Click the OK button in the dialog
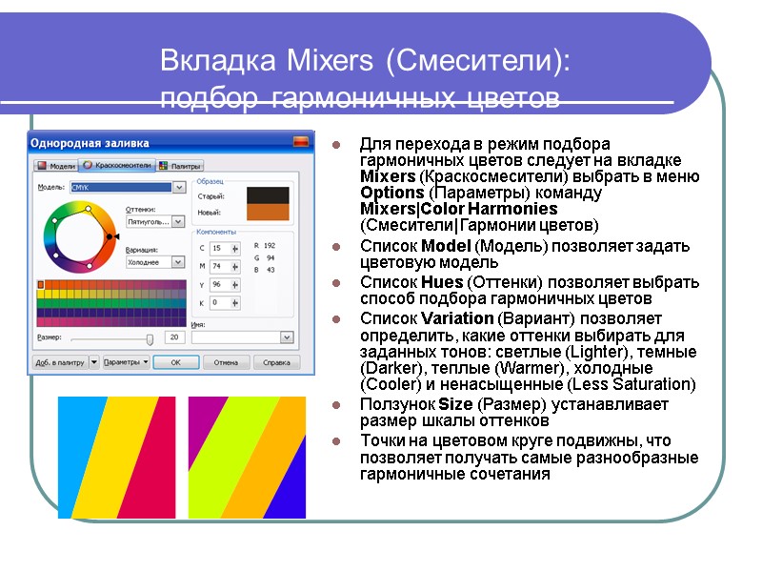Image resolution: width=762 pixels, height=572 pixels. [175, 362]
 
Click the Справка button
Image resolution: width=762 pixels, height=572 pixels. [275, 362]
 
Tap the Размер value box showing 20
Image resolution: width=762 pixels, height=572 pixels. [173, 337]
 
